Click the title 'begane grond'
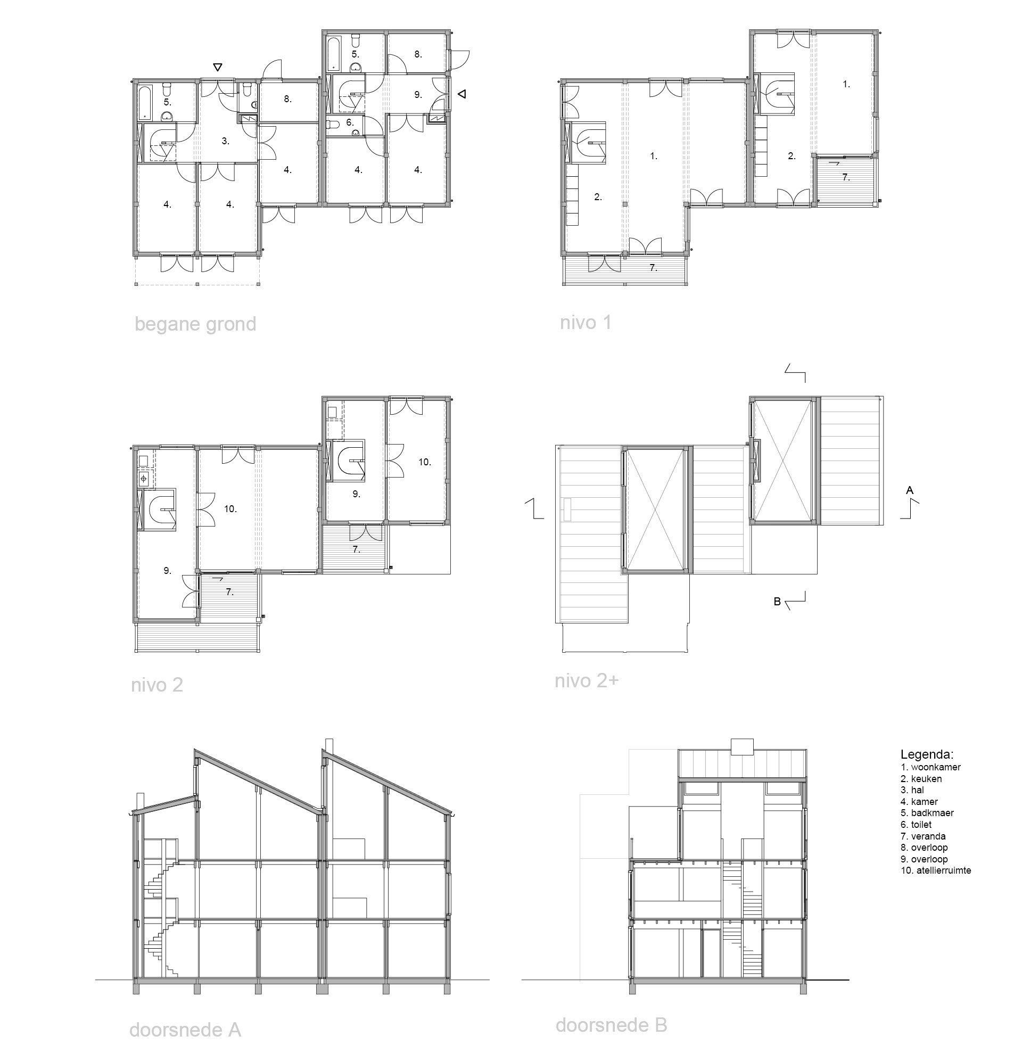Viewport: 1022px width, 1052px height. [195, 325]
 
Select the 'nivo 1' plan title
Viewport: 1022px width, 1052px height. [586, 323]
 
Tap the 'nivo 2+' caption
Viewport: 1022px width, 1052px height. [587, 681]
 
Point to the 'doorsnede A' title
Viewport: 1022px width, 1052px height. [185, 1030]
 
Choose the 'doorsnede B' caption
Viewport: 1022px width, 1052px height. [612, 1025]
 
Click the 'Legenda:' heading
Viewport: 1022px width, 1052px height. [927, 754]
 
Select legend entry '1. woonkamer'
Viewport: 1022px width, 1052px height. [931, 768]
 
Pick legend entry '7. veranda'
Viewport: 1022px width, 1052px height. [923, 836]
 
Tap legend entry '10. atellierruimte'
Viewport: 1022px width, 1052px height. [936, 870]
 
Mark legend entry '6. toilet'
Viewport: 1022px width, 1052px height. [916, 825]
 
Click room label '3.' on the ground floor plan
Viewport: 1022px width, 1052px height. [226, 141]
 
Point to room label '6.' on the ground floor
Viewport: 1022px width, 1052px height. [350, 122]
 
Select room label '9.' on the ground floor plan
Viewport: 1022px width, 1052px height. [418, 94]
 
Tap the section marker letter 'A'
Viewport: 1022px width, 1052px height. [909, 490]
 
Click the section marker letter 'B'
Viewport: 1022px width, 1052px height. [777, 602]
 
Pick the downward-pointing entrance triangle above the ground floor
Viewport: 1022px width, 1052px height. [217, 67]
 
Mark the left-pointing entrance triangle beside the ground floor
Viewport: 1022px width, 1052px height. [461, 94]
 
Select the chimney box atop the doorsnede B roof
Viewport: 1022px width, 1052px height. [743, 746]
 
